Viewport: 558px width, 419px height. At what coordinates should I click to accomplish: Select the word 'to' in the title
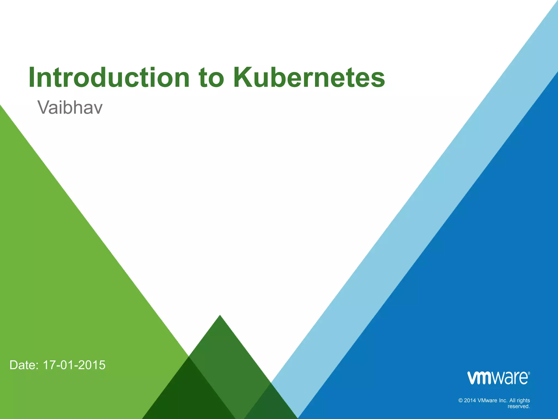[x=211, y=78]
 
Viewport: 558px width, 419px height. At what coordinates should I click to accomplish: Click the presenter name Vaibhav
[x=70, y=107]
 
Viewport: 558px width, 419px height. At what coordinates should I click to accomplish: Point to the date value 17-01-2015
[x=74, y=365]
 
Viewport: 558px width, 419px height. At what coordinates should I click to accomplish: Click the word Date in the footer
[x=24, y=365]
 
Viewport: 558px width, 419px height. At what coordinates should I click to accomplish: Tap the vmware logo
[x=498, y=378]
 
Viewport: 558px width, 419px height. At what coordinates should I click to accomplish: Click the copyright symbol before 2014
[x=461, y=400]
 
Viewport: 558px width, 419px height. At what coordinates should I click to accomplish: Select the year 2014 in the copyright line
[x=470, y=400]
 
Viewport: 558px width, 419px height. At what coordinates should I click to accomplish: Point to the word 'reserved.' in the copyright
[x=519, y=406]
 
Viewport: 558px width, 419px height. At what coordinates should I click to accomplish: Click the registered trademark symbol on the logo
[x=529, y=373]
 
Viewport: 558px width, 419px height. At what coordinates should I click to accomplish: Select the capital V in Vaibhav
[x=44, y=107]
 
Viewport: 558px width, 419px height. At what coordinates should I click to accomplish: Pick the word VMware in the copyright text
[x=487, y=400]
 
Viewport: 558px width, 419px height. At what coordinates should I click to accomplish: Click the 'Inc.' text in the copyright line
[x=503, y=400]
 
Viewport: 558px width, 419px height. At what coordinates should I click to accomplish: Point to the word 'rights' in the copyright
[x=523, y=400]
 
